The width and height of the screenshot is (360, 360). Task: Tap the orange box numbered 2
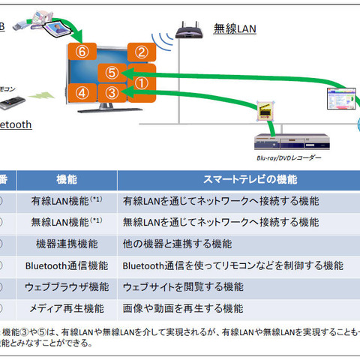pos(140,52)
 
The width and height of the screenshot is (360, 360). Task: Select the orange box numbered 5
pos(112,73)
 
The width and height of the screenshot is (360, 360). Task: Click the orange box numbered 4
pos(82,92)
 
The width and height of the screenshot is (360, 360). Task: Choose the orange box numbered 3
pos(112,93)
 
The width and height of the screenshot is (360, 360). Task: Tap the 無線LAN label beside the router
pos(235,29)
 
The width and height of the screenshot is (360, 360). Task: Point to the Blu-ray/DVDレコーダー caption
pos(289,158)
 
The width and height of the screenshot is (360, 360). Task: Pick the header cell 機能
pos(67,180)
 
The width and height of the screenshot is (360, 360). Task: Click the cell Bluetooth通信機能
pos(67,265)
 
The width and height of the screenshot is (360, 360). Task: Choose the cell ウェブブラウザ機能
pos(67,286)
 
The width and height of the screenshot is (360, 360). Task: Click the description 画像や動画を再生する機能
pos(183,308)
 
